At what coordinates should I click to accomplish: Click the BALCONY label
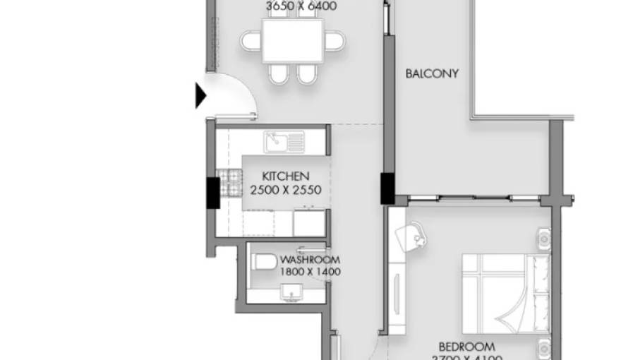tap(432, 73)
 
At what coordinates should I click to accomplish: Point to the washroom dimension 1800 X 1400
tap(310, 272)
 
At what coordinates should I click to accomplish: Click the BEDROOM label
tap(466, 347)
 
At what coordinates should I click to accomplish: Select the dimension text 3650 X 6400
tap(301, 6)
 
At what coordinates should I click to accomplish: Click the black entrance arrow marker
tap(200, 95)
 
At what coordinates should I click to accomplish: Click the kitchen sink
tap(284, 142)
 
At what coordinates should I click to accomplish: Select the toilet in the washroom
tap(264, 263)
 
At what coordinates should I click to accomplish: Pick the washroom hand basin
tap(290, 291)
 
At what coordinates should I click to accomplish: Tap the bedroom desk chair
tap(417, 236)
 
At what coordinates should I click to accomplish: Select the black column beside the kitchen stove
tap(212, 193)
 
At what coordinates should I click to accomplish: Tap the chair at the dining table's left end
tap(251, 41)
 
